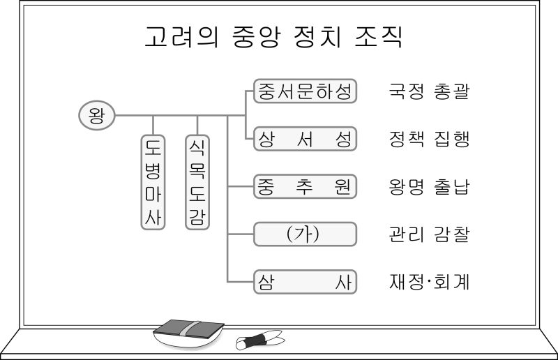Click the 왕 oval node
point(96,114)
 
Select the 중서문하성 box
point(305,91)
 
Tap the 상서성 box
point(305,139)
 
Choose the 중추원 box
point(305,186)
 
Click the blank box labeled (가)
point(305,234)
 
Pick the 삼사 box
point(305,281)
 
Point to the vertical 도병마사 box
point(153,181)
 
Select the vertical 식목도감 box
point(197,181)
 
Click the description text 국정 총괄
point(428,91)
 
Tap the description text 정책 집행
point(428,139)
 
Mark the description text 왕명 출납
point(428,187)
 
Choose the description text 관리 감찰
point(428,234)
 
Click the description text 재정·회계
point(428,282)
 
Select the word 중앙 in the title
point(253,36)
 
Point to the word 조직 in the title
point(380,36)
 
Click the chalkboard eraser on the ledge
point(188,331)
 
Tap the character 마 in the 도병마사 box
point(153,193)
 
